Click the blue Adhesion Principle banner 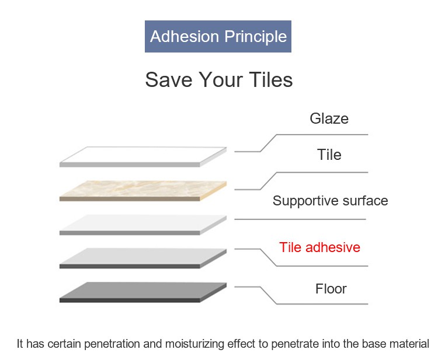click(x=218, y=36)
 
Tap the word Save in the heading click(x=169, y=80)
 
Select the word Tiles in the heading click(x=270, y=80)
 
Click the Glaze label click(x=329, y=118)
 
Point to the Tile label click(x=329, y=155)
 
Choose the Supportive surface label click(x=330, y=201)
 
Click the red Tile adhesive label click(x=319, y=247)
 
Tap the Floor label click(x=331, y=289)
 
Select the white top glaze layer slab click(x=142, y=156)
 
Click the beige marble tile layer click(x=142, y=190)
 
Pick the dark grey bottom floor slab click(x=142, y=292)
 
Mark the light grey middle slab click(x=142, y=225)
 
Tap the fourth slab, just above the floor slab click(x=142, y=258)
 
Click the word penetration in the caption click(x=112, y=344)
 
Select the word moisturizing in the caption click(x=194, y=344)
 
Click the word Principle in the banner click(x=256, y=37)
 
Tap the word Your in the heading click(x=221, y=80)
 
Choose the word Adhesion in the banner click(x=185, y=36)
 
